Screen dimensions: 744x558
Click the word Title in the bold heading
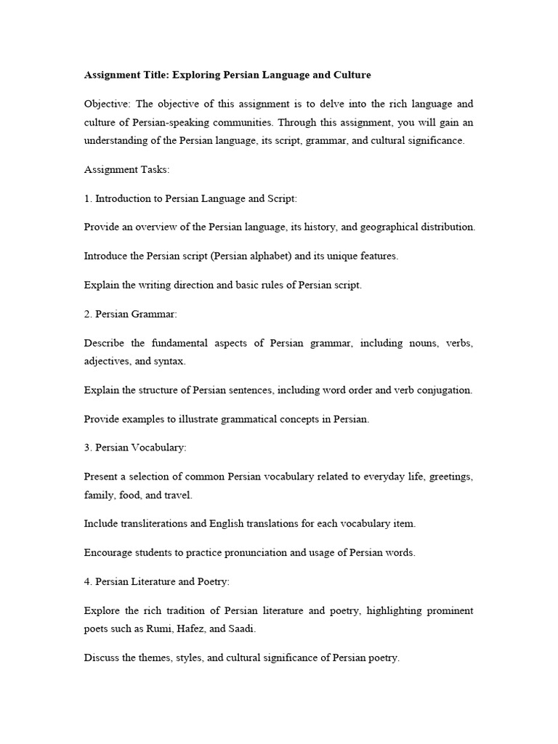point(153,75)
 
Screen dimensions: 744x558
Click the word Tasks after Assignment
point(151,169)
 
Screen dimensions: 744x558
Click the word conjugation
point(442,389)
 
